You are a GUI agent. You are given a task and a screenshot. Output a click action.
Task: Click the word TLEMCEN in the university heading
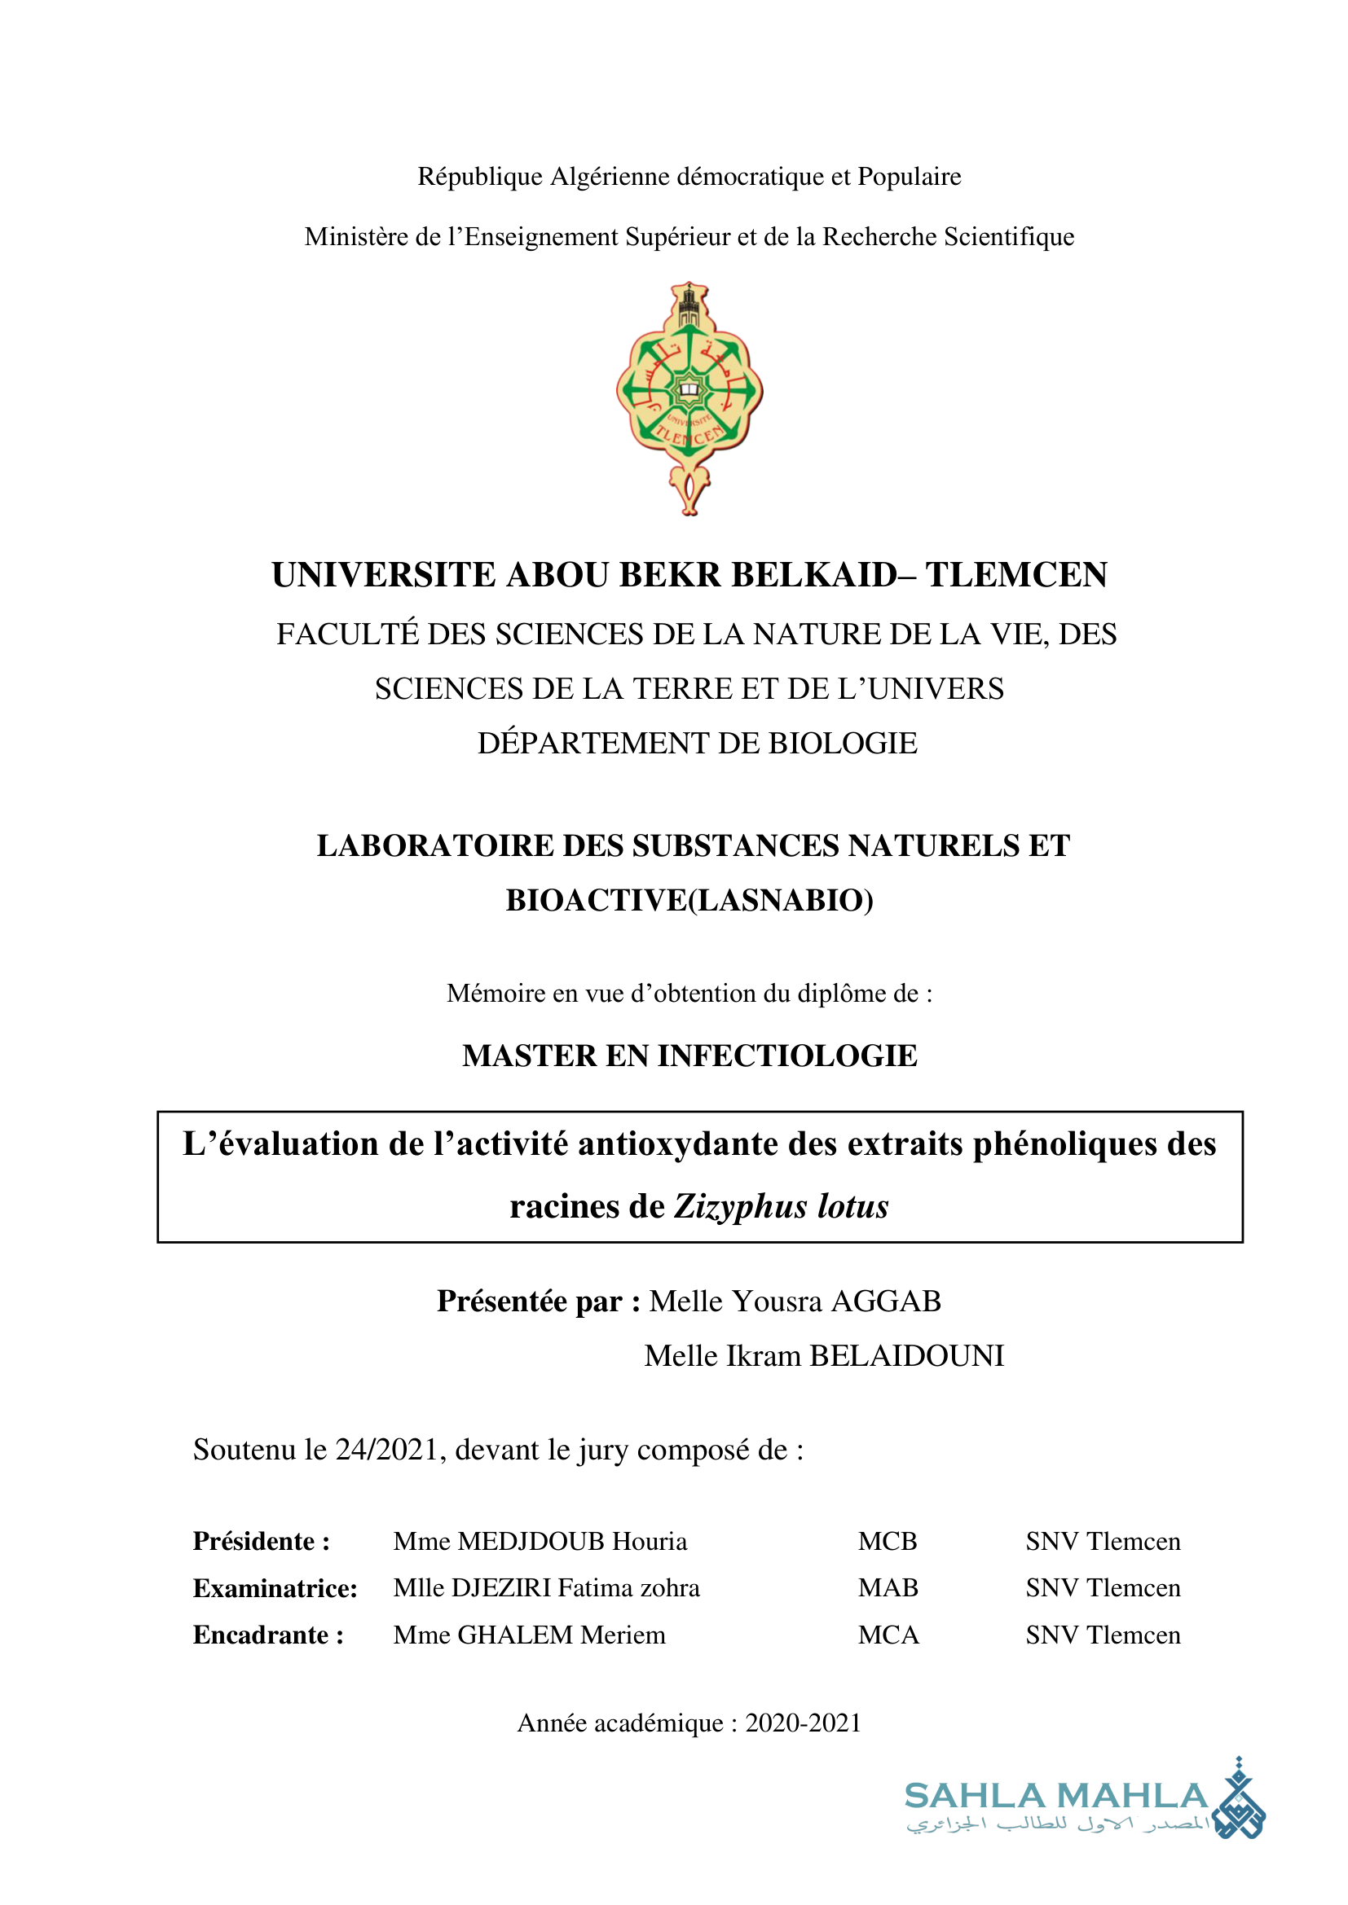point(1016,575)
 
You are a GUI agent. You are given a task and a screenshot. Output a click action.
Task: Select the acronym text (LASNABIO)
point(781,900)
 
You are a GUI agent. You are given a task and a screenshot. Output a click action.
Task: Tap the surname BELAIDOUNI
point(906,1356)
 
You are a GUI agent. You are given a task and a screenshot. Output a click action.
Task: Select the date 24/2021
point(386,1450)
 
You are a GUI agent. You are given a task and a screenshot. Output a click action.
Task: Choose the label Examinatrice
point(275,1588)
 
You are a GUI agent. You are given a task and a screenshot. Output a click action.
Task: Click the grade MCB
point(888,1542)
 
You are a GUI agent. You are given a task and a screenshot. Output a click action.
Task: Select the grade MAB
point(888,1588)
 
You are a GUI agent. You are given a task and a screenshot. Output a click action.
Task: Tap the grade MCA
point(888,1635)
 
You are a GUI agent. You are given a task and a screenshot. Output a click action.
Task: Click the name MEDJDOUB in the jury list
point(531,1542)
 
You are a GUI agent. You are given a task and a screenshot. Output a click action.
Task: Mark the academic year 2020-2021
point(803,1723)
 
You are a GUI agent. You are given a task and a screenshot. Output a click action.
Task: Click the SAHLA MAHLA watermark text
point(1055,1796)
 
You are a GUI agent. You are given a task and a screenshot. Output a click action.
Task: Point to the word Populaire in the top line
point(909,177)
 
